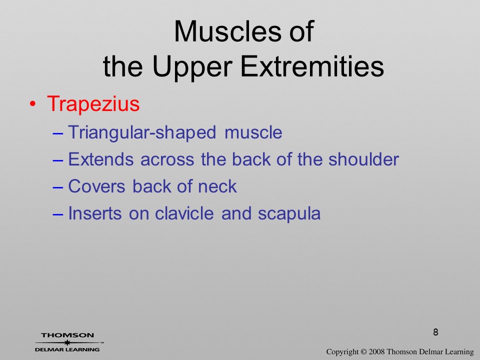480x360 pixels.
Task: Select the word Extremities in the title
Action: click(312, 66)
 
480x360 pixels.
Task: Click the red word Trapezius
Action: click(93, 103)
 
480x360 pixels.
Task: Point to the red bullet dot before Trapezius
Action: click(32, 104)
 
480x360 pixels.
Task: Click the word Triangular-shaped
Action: click(142, 132)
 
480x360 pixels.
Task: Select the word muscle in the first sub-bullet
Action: click(253, 132)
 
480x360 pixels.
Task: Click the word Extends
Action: click(100, 159)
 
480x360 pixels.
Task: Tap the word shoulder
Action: click(363, 159)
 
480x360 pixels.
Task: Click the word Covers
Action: click(96, 186)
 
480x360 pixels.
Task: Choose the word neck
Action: click(217, 186)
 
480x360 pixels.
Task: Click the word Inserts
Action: click(95, 213)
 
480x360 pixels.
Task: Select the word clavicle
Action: click(184, 213)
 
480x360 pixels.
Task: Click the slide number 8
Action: click(435, 332)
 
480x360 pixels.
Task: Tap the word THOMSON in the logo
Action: click(67, 335)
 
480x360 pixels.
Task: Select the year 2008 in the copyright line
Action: click(376, 352)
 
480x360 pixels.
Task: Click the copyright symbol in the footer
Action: click(363, 352)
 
